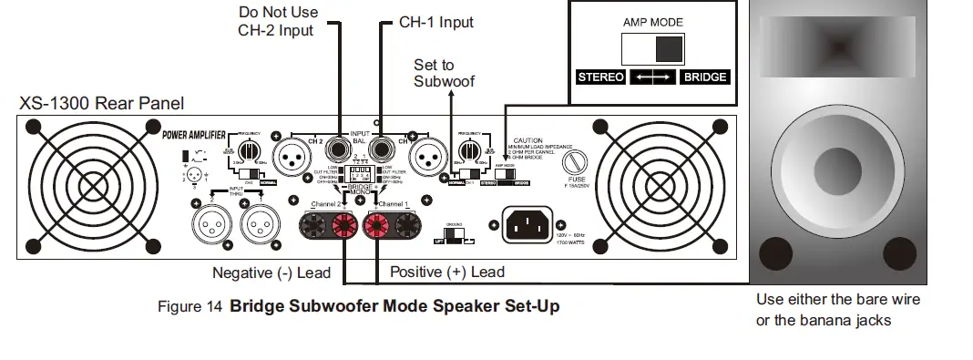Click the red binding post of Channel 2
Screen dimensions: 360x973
click(x=345, y=224)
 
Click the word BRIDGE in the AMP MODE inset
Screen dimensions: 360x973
click(x=705, y=77)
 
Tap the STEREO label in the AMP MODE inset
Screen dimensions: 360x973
click(x=601, y=77)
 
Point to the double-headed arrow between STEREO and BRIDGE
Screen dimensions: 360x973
click(x=653, y=77)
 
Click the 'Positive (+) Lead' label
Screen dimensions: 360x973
click(x=446, y=272)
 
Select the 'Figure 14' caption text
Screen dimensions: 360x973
click(x=189, y=306)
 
